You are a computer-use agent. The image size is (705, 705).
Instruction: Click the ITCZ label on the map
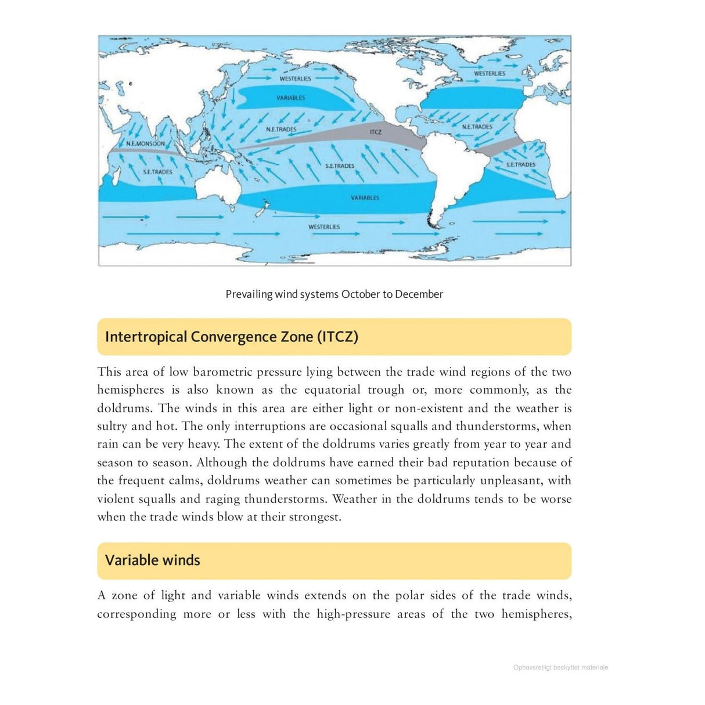pos(376,132)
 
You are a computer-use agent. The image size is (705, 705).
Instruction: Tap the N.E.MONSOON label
pos(145,143)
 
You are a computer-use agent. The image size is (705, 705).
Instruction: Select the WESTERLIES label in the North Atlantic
pos(490,74)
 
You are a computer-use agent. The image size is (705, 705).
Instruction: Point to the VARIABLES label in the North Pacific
pos(290,98)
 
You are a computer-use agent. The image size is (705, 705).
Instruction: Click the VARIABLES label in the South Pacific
pos(365,198)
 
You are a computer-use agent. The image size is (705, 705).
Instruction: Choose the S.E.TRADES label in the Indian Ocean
pos(157,172)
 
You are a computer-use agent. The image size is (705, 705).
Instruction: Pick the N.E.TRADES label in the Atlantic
pos(477,127)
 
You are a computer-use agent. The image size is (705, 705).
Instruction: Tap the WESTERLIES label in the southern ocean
pos(324,227)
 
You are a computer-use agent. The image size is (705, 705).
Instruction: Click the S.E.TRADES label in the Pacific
pos(340,166)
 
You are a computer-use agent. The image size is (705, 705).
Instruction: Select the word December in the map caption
pos(419,294)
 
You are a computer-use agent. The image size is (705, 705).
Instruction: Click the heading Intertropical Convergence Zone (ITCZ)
pos(231,337)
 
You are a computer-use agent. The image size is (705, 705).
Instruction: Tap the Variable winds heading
pos(152,560)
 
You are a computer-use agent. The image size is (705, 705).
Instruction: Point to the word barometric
pos(222,372)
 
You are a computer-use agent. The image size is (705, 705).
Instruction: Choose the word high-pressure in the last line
pos(353,614)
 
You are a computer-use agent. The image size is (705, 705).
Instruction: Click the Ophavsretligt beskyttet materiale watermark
pos(560,668)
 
